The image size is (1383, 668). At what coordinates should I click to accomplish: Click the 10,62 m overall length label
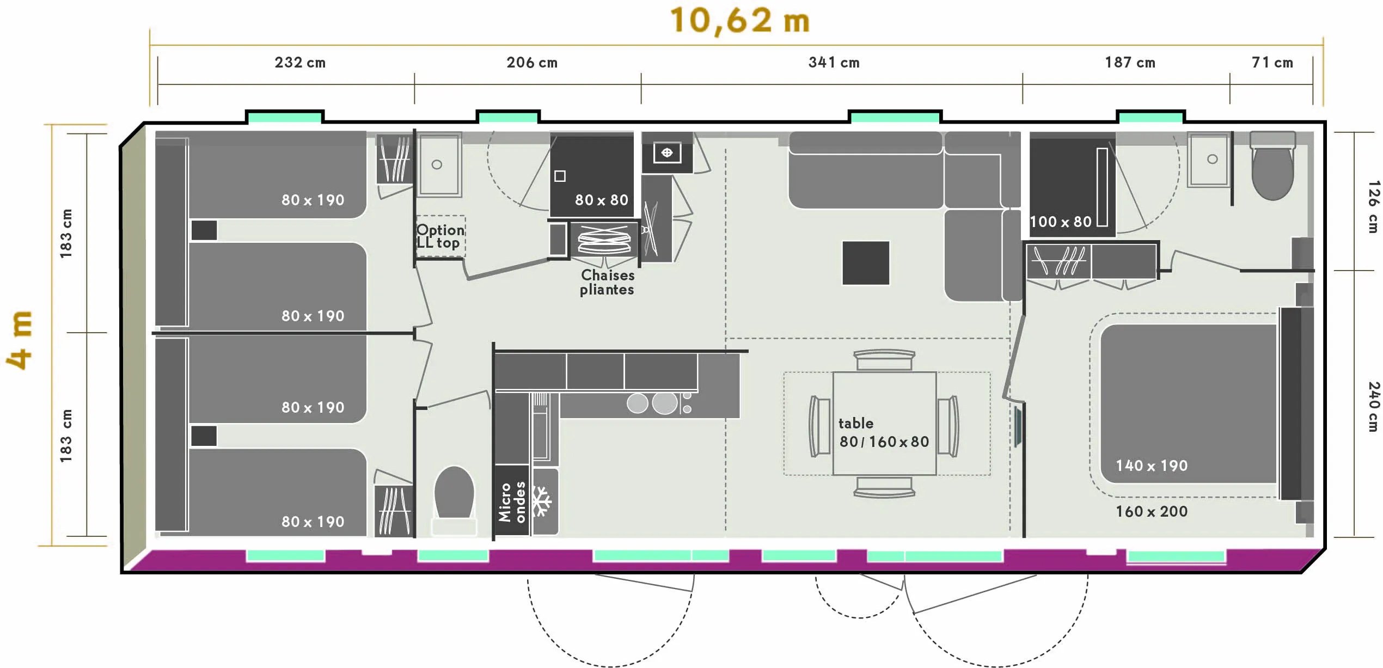(x=740, y=21)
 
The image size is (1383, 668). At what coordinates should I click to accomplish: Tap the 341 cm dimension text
(x=834, y=63)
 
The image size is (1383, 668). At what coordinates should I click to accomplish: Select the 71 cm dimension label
(x=1272, y=63)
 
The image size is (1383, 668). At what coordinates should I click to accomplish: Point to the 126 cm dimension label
(x=1373, y=207)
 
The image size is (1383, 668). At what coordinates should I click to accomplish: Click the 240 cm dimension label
(x=1373, y=407)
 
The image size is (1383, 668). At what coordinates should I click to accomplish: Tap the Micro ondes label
(x=512, y=501)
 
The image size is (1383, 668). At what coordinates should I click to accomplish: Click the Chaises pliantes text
(x=607, y=282)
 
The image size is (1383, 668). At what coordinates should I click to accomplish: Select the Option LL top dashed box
(x=440, y=236)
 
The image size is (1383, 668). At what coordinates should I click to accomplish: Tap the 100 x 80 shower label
(x=1060, y=222)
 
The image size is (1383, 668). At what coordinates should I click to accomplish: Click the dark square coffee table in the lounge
(x=866, y=263)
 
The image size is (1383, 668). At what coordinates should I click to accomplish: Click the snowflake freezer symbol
(x=542, y=501)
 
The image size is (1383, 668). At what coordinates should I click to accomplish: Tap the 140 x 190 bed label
(x=1151, y=465)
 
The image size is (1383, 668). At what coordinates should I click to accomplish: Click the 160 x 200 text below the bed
(x=1151, y=511)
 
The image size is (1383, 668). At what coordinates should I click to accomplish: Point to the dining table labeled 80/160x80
(x=884, y=423)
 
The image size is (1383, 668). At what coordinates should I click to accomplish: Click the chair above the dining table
(x=884, y=360)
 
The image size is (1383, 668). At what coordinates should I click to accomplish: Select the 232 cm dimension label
(x=300, y=63)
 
